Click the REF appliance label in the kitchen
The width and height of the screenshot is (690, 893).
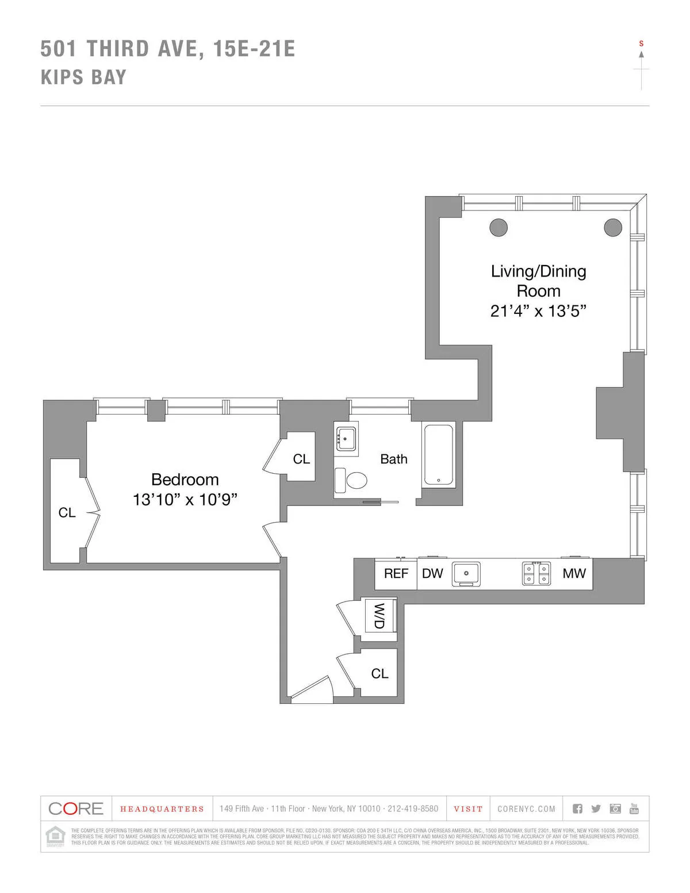396,573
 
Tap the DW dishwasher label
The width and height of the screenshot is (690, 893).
432,573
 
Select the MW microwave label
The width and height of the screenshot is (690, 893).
574,573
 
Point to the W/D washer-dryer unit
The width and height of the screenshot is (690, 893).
380,615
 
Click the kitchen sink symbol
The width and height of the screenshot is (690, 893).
466,574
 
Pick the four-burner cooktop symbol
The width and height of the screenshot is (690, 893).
536,573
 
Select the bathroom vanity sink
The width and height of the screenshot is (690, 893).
346,439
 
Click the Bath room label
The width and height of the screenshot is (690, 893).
394,459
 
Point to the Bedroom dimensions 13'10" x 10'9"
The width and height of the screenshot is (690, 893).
185,500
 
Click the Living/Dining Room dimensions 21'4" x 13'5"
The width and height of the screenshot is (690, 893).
538,311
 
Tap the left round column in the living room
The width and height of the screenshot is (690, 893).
499,227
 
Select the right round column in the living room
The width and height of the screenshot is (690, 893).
613,227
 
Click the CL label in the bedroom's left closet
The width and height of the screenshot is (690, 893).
67,512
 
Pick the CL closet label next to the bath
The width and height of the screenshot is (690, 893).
301,459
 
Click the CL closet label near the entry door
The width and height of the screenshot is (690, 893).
379,673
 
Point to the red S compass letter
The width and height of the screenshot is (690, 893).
642,44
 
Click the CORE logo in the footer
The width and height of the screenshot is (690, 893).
76,808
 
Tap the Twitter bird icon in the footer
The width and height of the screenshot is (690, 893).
596,808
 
